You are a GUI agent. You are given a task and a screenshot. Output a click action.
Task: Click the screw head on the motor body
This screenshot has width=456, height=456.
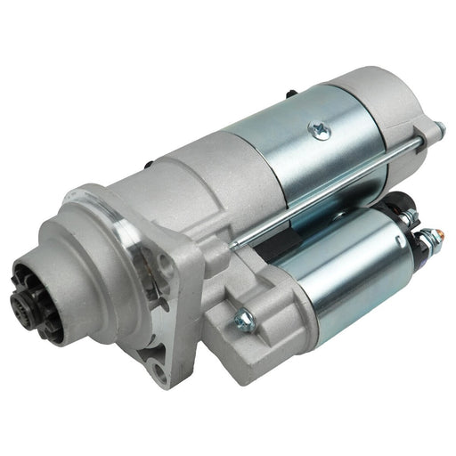pos(315,129)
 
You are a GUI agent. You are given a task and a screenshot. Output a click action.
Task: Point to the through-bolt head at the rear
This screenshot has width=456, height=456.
pos(438,132)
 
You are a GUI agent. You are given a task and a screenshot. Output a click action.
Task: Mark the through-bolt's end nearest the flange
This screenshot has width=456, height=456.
pos(233,242)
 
